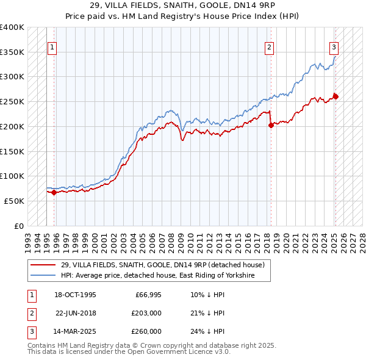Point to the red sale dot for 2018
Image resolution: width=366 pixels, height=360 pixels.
pyautogui.click(x=271, y=125)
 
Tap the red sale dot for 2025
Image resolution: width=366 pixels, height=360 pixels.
pyautogui.click(x=335, y=96)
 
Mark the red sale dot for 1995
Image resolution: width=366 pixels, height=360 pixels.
pyautogui.click(x=54, y=192)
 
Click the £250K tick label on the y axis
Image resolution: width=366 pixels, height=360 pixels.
pyautogui.click(x=12, y=101)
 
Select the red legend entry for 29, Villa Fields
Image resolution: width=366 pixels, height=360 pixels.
pyautogui.click(x=162, y=265)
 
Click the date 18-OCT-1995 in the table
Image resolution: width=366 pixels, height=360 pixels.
pyautogui.click(x=76, y=295)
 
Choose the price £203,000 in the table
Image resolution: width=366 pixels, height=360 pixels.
pyautogui.click(x=146, y=313)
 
